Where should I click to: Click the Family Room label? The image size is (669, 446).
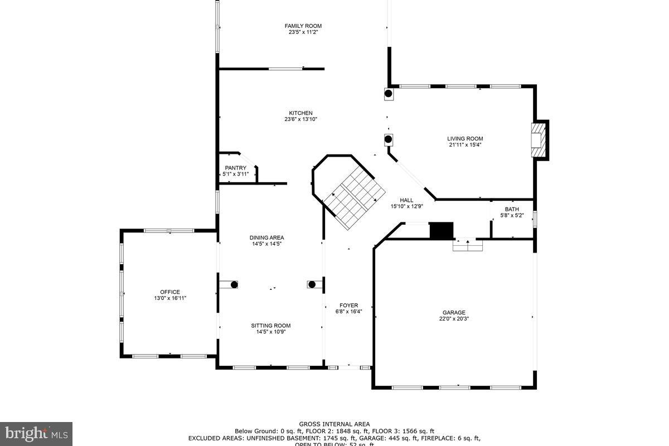(x=303, y=26)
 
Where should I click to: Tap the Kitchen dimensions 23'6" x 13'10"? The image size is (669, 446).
(x=300, y=119)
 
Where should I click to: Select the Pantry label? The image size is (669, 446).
(x=235, y=168)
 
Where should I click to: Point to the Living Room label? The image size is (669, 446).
(x=465, y=139)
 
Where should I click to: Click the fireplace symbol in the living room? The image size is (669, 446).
(x=537, y=140)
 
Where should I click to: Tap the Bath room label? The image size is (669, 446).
(x=511, y=210)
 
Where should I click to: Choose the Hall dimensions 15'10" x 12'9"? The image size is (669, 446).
(x=406, y=206)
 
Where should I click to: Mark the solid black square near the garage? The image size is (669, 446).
(x=442, y=230)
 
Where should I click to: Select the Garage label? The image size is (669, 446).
(x=454, y=313)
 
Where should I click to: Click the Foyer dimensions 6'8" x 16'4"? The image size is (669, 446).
(x=349, y=312)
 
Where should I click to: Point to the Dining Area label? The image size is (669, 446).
(x=266, y=237)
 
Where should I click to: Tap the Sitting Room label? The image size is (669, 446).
(x=270, y=326)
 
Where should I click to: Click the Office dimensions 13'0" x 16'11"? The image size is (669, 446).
(x=170, y=298)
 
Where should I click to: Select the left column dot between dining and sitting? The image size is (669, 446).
(x=234, y=284)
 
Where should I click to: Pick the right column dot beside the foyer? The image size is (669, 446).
(x=312, y=284)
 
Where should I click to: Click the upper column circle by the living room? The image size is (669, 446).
(x=389, y=94)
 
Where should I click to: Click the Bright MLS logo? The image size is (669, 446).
(x=36, y=433)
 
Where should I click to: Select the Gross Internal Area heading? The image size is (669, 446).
(x=334, y=424)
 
